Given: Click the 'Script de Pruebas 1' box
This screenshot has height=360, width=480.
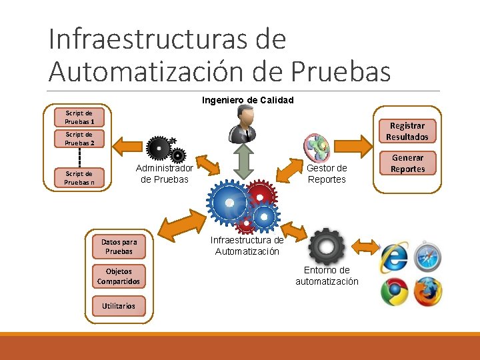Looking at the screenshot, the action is point(79,117).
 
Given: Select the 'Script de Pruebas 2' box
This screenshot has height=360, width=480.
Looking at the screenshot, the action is point(79,139).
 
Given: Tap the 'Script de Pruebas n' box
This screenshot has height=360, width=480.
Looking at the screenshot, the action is point(79,178).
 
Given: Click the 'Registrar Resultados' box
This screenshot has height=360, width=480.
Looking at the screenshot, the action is point(407,131).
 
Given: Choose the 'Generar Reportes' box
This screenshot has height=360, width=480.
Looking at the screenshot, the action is point(407,163).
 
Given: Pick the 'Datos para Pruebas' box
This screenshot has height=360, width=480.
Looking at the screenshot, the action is point(119,247).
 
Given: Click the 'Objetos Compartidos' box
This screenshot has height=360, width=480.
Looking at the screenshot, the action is point(119,276).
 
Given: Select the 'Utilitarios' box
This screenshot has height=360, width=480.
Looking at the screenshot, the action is point(119,306).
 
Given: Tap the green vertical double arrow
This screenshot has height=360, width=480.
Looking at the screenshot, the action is point(245,161).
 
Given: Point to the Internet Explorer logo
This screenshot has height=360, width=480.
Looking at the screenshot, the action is point(394,258).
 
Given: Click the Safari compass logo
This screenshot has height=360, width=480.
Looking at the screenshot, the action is point(427,257).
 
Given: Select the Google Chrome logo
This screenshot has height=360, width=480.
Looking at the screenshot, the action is point(394,292).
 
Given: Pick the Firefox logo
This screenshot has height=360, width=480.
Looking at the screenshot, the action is point(427,292).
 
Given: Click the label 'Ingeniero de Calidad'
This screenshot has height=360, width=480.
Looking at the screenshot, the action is point(247,100).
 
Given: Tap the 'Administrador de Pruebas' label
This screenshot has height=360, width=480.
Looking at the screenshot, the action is point(164,174).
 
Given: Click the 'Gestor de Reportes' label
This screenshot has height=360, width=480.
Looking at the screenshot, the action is point(327,174).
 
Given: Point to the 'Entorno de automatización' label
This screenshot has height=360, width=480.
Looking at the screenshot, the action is point(327,275).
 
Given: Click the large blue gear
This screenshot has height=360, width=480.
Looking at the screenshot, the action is point(229,201).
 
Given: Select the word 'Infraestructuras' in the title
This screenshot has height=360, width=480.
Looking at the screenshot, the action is point(151,39).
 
